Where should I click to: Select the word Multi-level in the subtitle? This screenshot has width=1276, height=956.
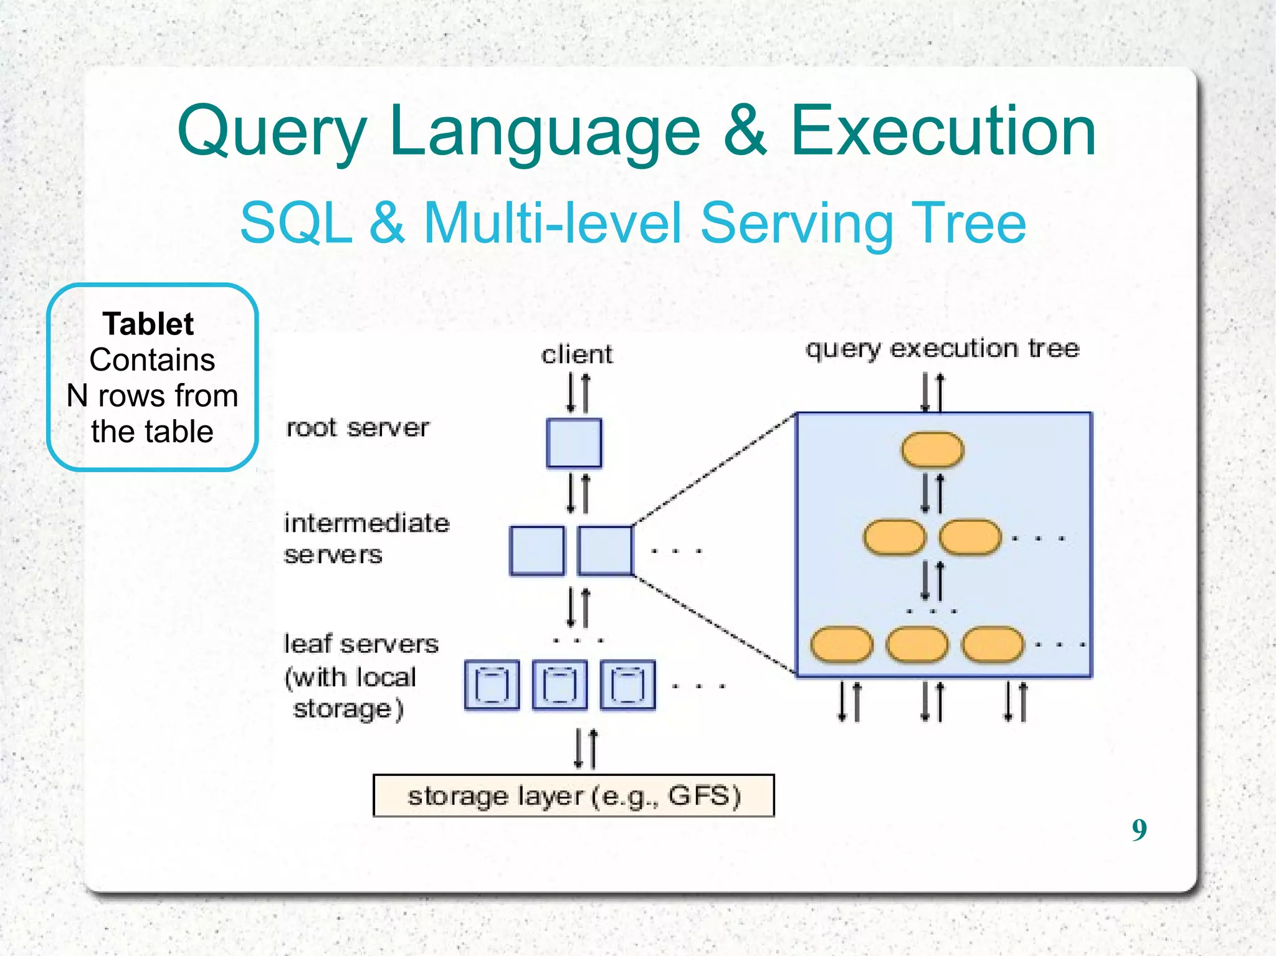(x=553, y=223)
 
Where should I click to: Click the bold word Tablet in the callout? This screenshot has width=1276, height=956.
(x=148, y=324)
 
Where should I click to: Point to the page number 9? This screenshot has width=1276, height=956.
(x=1139, y=830)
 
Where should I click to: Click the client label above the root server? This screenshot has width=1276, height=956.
(x=577, y=354)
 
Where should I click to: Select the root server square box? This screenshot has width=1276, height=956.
(x=574, y=443)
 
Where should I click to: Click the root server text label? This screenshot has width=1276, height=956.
(x=357, y=428)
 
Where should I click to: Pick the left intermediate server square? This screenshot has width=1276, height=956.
(x=537, y=551)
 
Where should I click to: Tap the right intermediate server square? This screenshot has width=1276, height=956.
(x=605, y=551)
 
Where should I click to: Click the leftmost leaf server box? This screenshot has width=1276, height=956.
(x=492, y=685)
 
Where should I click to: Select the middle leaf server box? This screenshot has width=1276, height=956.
(x=559, y=685)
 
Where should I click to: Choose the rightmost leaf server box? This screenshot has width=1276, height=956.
(x=627, y=685)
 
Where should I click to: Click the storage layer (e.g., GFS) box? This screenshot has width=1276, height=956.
(x=573, y=795)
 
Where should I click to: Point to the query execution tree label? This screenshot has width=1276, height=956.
(x=942, y=348)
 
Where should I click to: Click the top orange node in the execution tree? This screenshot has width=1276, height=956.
(x=932, y=450)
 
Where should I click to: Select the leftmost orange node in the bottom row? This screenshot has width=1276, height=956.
(x=841, y=645)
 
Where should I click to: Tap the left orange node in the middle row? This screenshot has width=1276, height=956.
(x=895, y=537)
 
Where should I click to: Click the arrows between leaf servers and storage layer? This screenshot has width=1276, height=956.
(x=586, y=749)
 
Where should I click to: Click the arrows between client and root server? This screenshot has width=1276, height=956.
(x=578, y=392)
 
